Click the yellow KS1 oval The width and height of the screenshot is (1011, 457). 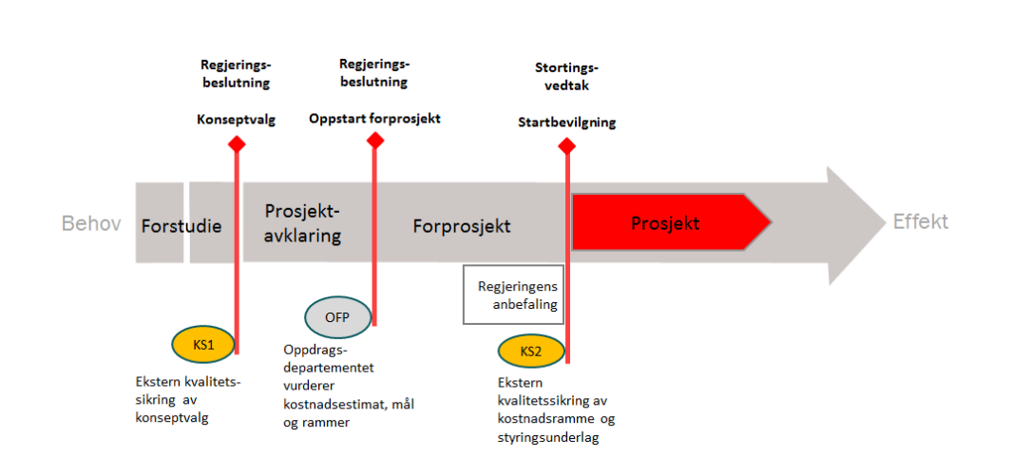pos(202,345)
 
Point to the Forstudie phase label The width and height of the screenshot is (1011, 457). pos(181,226)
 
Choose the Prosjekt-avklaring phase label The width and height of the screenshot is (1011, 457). pos(302,223)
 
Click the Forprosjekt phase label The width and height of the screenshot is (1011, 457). pos(462,226)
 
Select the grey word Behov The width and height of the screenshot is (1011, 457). pos(91,224)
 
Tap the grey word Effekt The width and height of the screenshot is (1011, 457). pos(920,222)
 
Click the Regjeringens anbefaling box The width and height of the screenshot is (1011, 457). pos(512,295)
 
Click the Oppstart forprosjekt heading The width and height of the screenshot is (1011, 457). pos(374,119)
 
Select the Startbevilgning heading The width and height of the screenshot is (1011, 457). pos(566,123)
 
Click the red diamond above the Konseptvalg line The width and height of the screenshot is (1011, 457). pos(237,143)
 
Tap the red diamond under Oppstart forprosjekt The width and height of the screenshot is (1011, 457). pos(375,141)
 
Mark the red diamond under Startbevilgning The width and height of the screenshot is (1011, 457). pos(566,145)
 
